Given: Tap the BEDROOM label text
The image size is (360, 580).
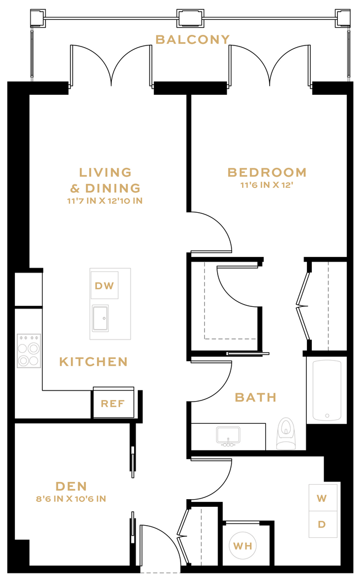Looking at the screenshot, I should [x=266, y=172].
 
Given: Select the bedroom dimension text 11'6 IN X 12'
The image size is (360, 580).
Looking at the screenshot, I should [x=266, y=186].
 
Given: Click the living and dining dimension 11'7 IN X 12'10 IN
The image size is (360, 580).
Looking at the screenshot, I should [x=105, y=201].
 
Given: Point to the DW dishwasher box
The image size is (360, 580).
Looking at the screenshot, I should [x=104, y=286].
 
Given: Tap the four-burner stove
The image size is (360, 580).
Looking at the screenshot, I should [x=29, y=350].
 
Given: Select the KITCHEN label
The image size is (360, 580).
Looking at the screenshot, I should [x=93, y=362].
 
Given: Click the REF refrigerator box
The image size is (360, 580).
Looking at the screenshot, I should [x=112, y=403].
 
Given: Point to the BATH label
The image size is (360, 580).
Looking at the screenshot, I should [x=255, y=397].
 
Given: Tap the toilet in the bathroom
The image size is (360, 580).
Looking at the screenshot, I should [x=286, y=433].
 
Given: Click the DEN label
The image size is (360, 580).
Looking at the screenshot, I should [x=71, y=486].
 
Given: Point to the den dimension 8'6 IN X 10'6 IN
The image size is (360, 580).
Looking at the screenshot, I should [x=71, y=499].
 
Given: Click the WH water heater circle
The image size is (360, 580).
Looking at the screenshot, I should [x=243, y=546].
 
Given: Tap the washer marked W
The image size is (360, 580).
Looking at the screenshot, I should [x=322, y=498].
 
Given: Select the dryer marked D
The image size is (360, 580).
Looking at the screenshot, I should [x=322, y=524].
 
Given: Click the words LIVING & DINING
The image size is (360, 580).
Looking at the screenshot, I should [x=105, y=180].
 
